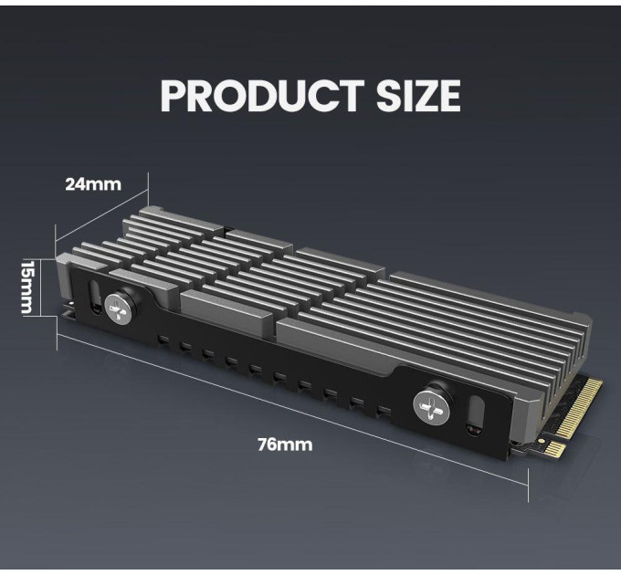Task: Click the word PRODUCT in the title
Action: coord(262,95)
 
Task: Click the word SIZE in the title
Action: coord(418,95)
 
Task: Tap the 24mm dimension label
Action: coord(93,184)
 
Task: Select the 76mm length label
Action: coord(285,444)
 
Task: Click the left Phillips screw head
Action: coord(118,309)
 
